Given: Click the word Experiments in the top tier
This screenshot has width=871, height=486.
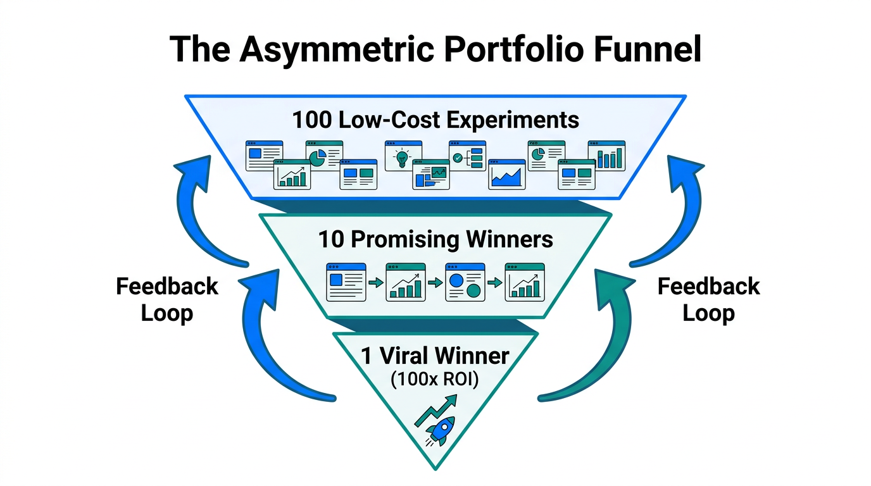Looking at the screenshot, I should pos(514,120).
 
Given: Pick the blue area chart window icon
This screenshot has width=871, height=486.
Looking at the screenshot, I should pos(507,174).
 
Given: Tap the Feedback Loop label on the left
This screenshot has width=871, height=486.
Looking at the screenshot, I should pos(167,299).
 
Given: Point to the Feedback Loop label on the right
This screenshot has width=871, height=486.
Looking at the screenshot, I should pos(708,299).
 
